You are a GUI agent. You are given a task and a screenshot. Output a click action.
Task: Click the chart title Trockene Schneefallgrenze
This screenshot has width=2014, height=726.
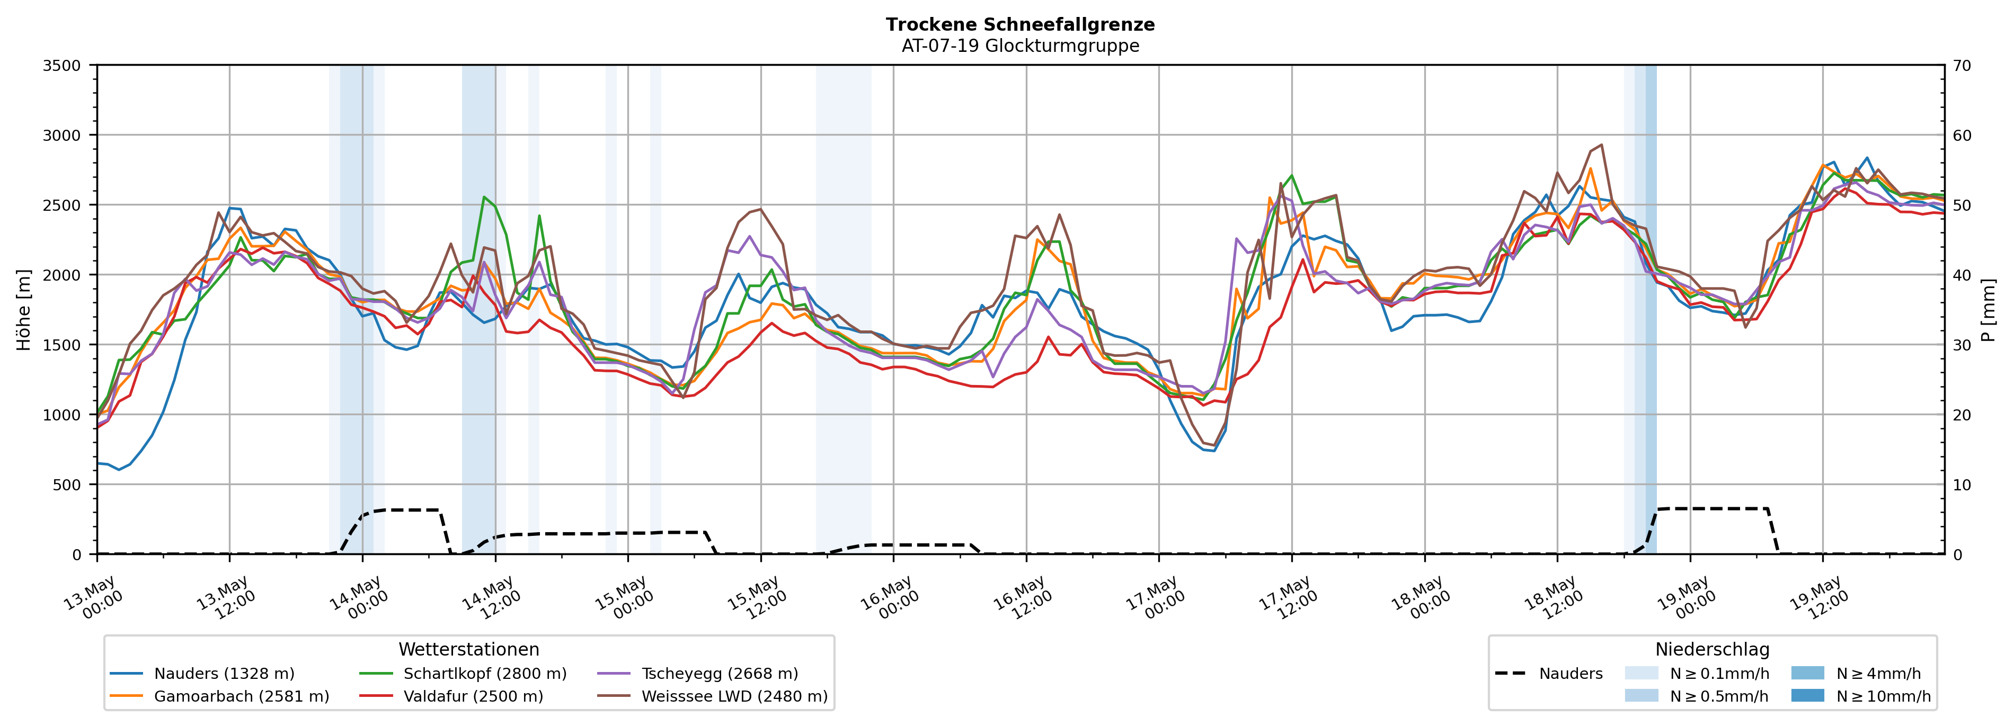click(x=1021, y=24)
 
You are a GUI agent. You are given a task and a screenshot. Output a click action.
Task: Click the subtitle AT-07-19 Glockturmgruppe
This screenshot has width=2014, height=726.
click(x=1021, y=46)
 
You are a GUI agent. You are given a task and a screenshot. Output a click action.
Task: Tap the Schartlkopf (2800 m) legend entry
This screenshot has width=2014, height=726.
click(x=463, y=674)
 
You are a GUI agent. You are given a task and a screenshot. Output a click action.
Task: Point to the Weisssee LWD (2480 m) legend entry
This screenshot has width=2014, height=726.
click(x=712, y=696)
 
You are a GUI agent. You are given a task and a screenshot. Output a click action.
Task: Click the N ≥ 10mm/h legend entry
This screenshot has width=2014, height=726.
click(x=1861, y=696)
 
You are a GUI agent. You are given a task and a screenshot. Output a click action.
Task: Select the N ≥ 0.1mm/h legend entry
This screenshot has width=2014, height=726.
click(x=1697, y=674)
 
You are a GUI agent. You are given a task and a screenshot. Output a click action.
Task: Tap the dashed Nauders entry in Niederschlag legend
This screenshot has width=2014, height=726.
click(x=1548, y=674)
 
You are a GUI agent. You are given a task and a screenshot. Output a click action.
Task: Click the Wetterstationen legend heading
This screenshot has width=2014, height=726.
click(x=469, y=649)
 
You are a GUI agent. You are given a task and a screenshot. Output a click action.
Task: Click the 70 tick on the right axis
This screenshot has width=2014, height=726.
click(x=1962, y=66)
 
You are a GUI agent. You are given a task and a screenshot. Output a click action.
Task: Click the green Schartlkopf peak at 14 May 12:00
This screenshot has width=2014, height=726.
click(x=484, y=197)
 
